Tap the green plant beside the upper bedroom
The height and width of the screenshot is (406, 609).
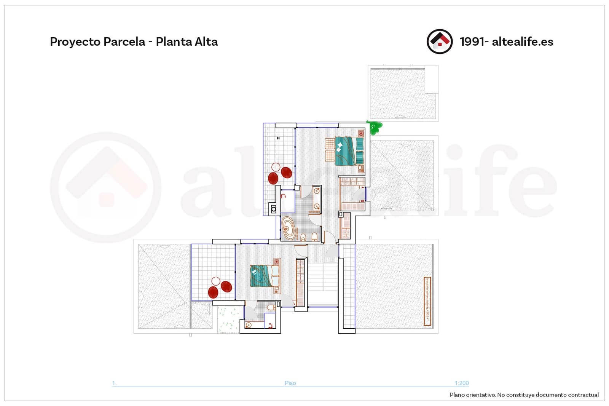(x=375, y=128)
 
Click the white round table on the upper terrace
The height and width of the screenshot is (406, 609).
(x=276, y=167)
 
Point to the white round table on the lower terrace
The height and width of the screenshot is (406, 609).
(x=216, y=281)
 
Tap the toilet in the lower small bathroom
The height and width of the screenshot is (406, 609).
(x=271, y=307)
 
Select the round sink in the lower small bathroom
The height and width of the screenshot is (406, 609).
(x=249, y=325)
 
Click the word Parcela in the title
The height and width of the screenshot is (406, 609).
(x=124, y=42)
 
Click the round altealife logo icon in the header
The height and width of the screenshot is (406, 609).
(x=440, y=42)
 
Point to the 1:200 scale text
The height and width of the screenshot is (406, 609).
(x=461, y=383)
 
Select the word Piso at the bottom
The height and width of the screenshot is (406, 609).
(x=290, y=383)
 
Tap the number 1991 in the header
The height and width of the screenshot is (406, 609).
(x=472, y=42)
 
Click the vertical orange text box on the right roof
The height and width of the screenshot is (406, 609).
(x=427, y=301)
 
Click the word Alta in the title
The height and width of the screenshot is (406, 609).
(x=206, y=42)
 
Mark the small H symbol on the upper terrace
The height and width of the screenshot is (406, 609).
(x=278, y=138)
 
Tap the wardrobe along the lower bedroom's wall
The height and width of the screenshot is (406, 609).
(x=301, y=282)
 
